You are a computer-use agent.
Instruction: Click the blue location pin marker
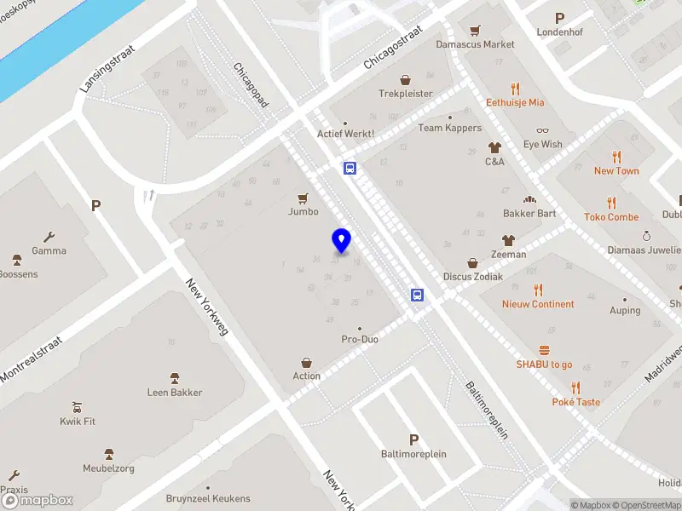pos(342,241)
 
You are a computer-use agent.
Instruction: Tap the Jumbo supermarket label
pos(303,211)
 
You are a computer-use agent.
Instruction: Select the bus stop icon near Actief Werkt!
pos(350,168)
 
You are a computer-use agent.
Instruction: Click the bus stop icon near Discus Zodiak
pos(418,296)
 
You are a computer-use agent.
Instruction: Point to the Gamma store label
pos(49,250)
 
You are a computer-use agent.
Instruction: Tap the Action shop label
pos(307,376)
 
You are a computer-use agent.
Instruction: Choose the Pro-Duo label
pos(360,339)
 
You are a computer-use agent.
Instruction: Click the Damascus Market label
pos(475,44)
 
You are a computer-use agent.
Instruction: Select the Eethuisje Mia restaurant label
pos(515,102)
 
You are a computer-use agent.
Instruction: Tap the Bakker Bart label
pos(529,213)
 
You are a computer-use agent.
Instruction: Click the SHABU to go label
pos(544,365)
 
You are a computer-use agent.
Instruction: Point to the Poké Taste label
pos(575,402)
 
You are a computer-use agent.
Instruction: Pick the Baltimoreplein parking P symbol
pos(414,440)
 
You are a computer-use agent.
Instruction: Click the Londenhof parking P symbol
pos(560,18)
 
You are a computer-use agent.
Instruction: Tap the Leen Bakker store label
pos(175,392)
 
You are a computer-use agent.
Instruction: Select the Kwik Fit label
pos(78,421)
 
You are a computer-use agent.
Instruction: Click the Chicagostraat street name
pos(393,47)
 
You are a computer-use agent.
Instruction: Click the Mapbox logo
pos(38,500)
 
